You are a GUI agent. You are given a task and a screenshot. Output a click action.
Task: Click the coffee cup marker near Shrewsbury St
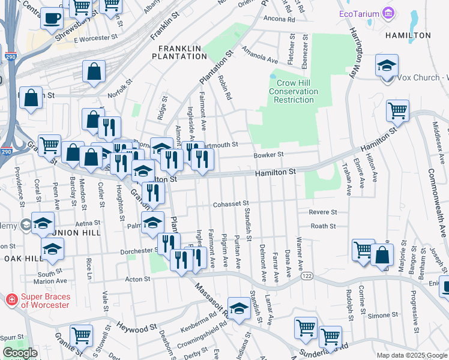52,17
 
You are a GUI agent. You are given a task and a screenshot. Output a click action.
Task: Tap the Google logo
20,353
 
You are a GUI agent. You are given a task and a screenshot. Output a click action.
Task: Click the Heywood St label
136,328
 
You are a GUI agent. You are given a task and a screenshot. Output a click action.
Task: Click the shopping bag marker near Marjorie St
382,254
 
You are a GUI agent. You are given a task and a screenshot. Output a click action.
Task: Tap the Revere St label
323,212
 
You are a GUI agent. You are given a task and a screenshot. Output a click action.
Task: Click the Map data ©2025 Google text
412,355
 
